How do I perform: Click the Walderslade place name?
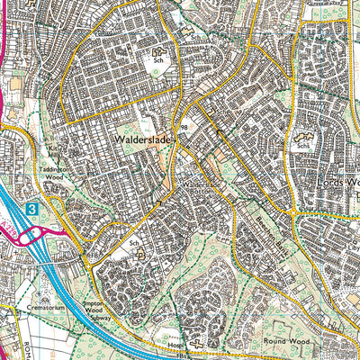[x=143, y=140]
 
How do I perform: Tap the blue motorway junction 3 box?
[x=32, y=208]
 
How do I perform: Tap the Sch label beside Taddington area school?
[x=134, y=243]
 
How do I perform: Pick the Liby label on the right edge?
[x=351, y=219]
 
